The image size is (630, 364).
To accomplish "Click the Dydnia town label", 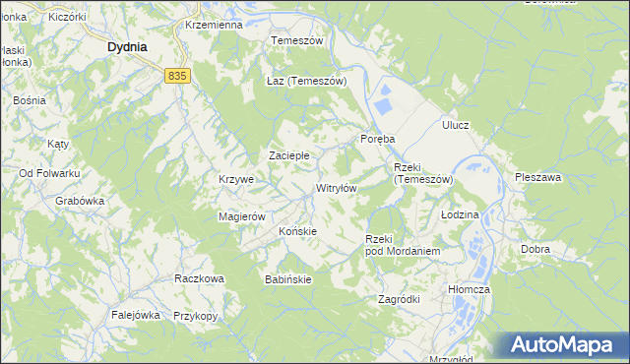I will tap(127, 46).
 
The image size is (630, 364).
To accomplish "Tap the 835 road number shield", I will tap(177, 76).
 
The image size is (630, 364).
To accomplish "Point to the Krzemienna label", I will tap(213, 25).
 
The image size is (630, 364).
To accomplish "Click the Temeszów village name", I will tap(297, 40).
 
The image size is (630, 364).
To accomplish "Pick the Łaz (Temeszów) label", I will tap(306, 81).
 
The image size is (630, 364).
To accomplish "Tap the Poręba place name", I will tap(377, 139).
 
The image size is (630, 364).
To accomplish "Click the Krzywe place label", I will tap(236, 180).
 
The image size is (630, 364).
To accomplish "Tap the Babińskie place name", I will tap(288, 279).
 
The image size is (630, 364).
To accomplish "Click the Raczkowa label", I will tap(199, 278).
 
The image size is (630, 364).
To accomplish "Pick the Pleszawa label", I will tap(537, 178).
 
